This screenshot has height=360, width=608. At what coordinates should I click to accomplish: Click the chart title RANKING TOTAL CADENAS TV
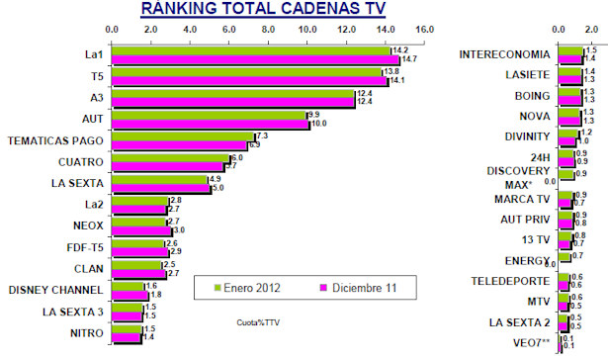(263, 10)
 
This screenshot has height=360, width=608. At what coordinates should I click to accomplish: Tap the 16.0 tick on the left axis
(424, 30)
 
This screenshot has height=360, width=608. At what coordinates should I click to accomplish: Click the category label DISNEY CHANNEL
(54, 290)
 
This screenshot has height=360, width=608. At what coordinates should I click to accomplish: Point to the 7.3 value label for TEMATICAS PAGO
(262, 135)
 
